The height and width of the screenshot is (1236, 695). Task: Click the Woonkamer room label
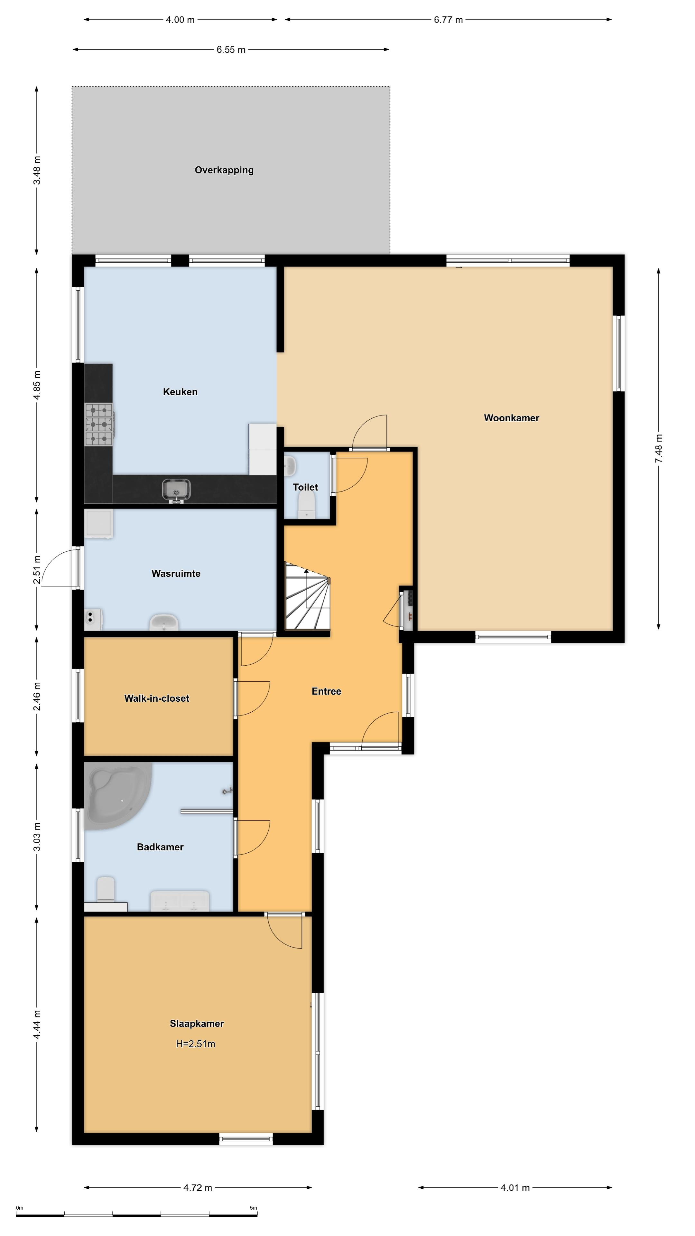click(x=511, y=418)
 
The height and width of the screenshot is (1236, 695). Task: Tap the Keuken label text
click(x=180, y=392)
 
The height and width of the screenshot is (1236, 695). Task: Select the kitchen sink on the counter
click(x=176, y=489)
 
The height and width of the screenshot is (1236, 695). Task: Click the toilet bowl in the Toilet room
click(x=307, y=507)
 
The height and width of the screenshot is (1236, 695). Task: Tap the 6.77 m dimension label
click(x=449, y=20)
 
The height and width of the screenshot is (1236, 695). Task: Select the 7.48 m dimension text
click(x=659, y=449)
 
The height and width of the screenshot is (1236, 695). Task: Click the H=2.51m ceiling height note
click(x=196, y=1044)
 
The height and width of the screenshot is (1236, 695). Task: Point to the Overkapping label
click(x=224, y=170)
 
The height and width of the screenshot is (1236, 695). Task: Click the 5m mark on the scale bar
click(x=253, y=1208)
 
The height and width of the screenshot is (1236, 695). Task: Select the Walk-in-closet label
click(x=157, y=698)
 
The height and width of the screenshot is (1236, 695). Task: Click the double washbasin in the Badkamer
click(x=180, y=901)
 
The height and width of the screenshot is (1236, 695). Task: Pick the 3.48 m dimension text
click(x=37, y=170)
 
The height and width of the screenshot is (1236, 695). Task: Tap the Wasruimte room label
click(x=176, y=573)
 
